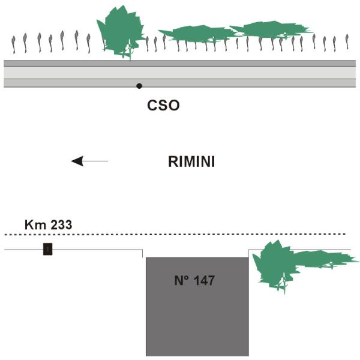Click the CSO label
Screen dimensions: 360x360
(164, 106)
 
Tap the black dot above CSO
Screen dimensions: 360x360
(139, 86)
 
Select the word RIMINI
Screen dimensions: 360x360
(191, 161)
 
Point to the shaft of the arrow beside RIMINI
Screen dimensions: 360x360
(96, 161)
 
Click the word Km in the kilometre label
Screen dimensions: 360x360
(32, 225)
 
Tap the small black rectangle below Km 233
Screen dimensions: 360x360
(47, 249)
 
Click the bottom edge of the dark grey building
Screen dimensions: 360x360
(197, 355)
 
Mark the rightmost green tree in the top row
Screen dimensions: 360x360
(270, 29)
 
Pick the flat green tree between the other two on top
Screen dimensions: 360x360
(195, 34)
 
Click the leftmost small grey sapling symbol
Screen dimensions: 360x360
(14, 43)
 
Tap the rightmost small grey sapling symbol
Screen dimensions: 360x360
(346, 41)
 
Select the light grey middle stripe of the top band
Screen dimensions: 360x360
(180, 72)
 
